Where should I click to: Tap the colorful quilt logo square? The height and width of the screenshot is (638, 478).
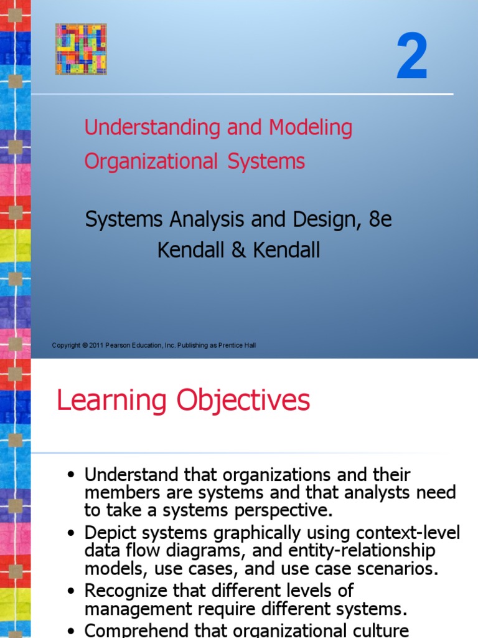pyautogui.click(x=81, y=49)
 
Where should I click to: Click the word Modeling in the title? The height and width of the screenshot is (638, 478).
pyautogui.click(x=311, y=128)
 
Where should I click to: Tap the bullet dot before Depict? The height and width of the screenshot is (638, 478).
pyautogui.click(x=72, y=535)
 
